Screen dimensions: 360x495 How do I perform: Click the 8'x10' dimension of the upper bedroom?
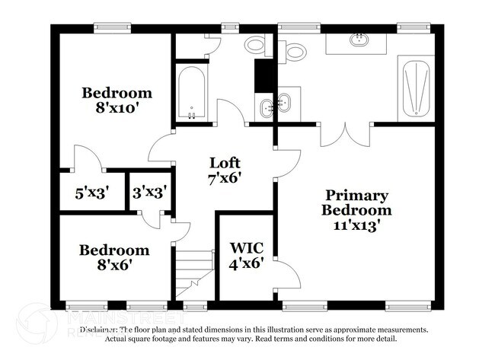(117, 107)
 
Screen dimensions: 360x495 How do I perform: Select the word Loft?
(225, 163)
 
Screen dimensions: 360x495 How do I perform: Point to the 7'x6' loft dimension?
(225, 178)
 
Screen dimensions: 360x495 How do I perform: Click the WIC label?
(246, 248)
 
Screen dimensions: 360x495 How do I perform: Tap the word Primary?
(356, 196)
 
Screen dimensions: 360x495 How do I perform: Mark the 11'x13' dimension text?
(356, 225)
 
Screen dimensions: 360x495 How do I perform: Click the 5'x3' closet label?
(91, 193)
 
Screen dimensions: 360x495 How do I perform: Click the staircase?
(194, 274)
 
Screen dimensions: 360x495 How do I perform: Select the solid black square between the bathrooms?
(263, 75)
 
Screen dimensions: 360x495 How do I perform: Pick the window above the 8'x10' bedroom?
(114, 28)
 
